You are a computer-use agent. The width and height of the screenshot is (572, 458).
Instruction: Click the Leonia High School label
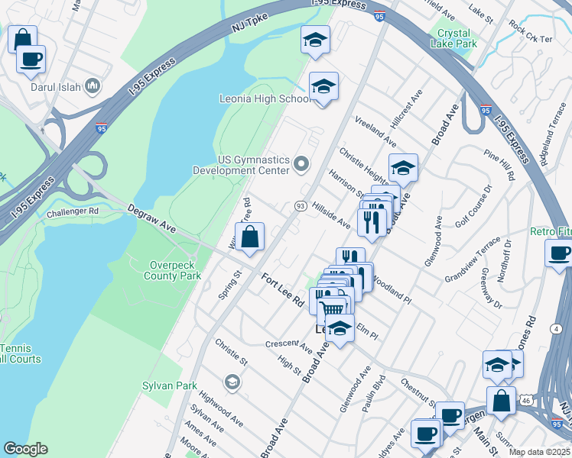(264, 99)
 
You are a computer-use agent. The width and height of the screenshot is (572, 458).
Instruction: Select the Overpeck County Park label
(175, 270)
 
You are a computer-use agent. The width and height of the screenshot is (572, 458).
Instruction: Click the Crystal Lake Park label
(457, 38)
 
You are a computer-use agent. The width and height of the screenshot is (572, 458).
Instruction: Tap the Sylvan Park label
(170, 386)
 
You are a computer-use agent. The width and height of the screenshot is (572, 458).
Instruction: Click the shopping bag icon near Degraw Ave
(250, 238)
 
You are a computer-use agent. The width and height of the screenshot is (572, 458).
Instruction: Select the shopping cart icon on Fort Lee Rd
(332, 309)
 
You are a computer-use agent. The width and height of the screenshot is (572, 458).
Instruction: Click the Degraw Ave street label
(151, 218)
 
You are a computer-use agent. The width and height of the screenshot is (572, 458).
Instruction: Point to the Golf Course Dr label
(471, 208)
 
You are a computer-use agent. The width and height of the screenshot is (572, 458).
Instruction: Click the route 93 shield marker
(301, 206)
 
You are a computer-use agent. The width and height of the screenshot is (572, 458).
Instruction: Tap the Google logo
(25, 449)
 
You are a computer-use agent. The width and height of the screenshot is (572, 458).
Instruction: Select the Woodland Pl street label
(393, 295)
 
